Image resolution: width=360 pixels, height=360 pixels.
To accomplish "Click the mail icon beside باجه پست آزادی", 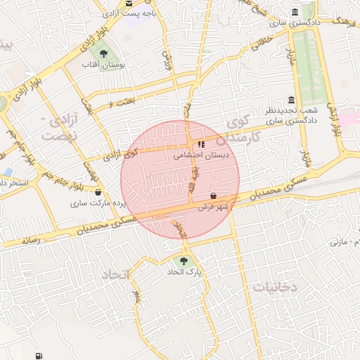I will click(x=129, y=3).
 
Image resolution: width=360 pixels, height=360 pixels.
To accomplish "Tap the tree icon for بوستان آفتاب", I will click(x=104, y=53).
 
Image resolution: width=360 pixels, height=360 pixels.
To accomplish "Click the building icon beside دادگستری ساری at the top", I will click(x=293, y=13).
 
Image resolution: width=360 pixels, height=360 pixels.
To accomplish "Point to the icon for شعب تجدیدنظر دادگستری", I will click(x=292, y=100).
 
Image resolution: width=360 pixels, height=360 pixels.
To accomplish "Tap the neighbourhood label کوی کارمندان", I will click(x=243, y=131).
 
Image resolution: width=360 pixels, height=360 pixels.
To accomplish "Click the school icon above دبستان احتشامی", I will click(x=202, y=144).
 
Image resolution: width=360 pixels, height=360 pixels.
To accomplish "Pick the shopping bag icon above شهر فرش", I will click(x=214, y=195).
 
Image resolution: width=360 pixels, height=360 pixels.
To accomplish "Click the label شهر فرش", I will click(x=213, y=207).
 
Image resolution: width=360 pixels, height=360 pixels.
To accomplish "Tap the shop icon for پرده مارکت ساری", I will click(x=98, y=192).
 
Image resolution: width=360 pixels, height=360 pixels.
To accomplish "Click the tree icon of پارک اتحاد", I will click(x=184, y=261).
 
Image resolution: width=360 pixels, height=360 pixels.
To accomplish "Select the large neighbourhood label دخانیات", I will click(x=276, y=286).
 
